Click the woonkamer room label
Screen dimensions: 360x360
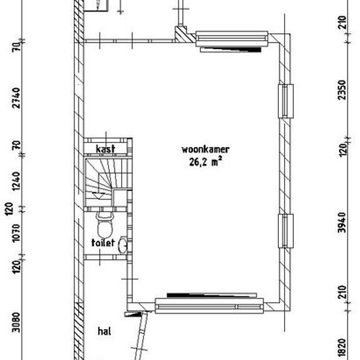click(206, 149)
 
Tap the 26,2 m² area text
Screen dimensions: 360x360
click(206, 161)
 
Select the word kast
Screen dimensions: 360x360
click(105, 149)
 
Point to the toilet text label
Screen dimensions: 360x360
click(103, 242)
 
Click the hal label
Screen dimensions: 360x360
click(105, 331)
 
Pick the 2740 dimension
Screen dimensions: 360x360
click(16, 98)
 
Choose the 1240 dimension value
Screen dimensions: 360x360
click(16, 181)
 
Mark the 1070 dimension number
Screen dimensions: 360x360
click(16, 233)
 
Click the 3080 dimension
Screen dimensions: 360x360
click(16, 322)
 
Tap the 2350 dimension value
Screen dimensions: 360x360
click(342, 90)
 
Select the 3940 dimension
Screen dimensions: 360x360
click(342, 223)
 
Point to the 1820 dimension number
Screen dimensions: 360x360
click(342, 349)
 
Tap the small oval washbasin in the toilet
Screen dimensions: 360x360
click(123, 245)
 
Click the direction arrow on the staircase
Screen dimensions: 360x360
click(98, 196)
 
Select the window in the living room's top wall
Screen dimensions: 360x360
click(232, 39)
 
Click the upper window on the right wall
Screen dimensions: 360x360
click(286, 101)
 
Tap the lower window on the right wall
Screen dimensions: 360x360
click(286, 231)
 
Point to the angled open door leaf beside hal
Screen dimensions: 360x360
click(141, 336)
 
